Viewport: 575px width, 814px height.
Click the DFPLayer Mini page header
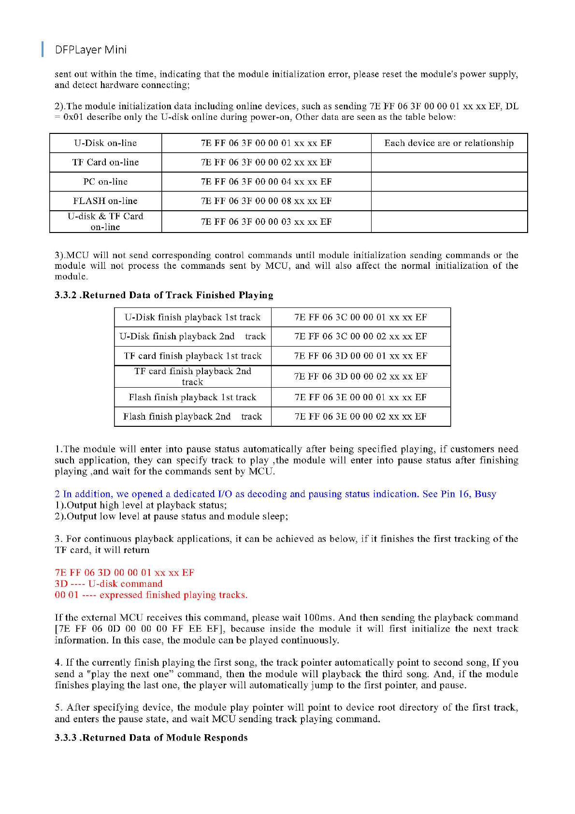(90, 50)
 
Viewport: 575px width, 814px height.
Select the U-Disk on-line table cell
(105, 143)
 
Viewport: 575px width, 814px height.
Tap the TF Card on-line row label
(105, 162)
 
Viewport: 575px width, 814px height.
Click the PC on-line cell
(105, 182)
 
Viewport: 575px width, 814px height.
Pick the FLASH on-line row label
(105, 201)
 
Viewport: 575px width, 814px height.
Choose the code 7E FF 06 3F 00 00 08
(266, 201)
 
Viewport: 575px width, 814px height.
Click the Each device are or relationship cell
(449, 143)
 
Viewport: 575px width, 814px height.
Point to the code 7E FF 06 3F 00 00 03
(266, 222)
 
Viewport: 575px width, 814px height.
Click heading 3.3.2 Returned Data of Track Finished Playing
(164, 295)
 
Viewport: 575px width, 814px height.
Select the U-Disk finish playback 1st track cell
(192, 318)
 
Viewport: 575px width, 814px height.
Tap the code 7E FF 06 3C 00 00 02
(360, 336)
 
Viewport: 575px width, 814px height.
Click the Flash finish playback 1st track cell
(192, 397)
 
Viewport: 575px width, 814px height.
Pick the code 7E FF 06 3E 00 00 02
(360, 417)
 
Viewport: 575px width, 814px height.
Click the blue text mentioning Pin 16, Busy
(275, 494)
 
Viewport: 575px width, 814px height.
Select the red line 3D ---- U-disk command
(109, 584)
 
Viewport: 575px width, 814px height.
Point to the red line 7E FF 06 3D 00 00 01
(124, 573)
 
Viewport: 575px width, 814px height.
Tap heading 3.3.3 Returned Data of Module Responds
(151, 738)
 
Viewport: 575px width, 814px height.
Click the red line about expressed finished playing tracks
(151, 595)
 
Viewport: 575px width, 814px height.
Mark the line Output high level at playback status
(141, 505)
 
